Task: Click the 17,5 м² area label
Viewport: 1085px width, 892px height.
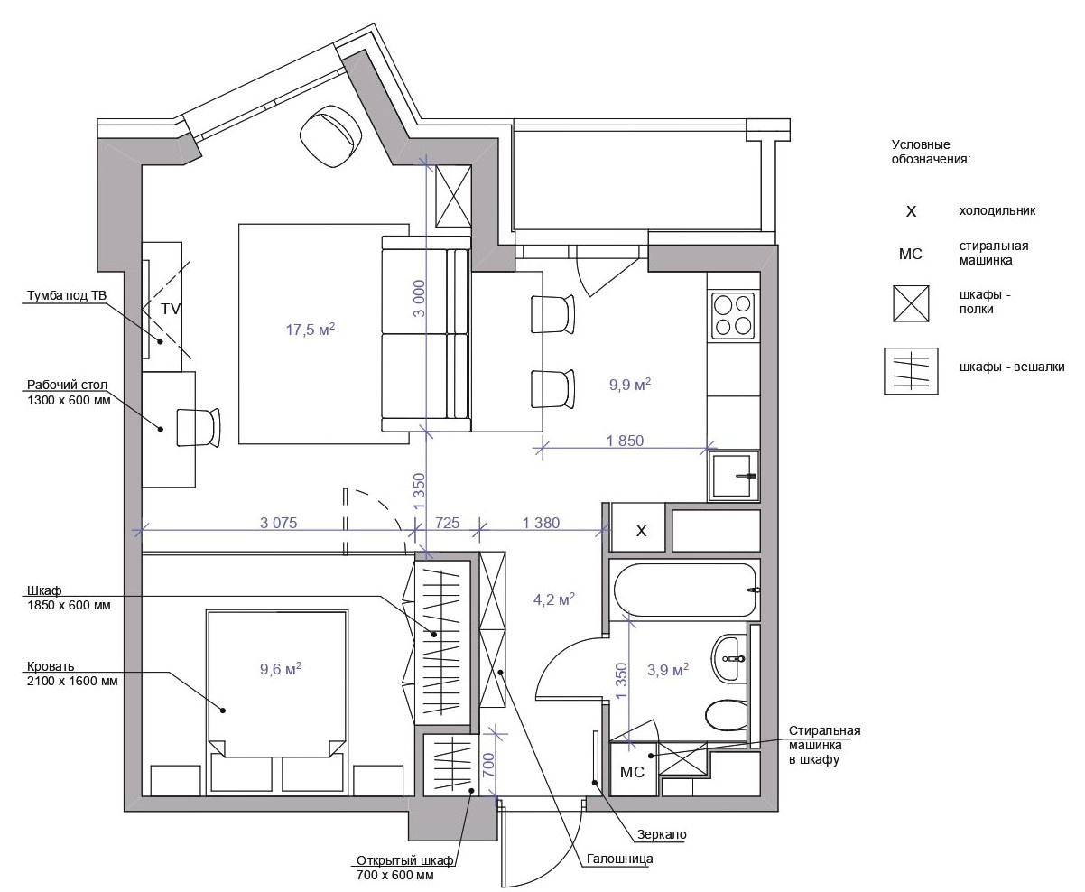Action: (311, 329)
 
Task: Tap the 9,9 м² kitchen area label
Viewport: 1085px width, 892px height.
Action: (630, 384)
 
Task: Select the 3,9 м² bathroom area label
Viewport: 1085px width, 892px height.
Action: (668, 670)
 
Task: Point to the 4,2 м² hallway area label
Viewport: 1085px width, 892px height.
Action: (554, 599)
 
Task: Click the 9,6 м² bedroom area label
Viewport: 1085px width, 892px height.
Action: (281, 669)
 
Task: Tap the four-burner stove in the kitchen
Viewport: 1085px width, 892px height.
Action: (733, 315)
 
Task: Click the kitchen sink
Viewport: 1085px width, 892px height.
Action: (733, 476)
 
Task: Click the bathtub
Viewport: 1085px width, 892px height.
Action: (685, 590)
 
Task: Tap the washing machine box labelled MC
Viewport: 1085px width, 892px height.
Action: (632, 770)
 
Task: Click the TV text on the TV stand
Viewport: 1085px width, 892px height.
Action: (171, 309)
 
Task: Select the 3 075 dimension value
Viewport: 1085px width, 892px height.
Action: (278, 523)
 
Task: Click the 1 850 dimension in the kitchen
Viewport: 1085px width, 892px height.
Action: (625, 441)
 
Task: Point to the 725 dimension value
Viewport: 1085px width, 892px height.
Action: (447, 523)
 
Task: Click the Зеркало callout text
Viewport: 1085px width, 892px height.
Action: (662, 834)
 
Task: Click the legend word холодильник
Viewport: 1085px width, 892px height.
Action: (997, 210)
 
